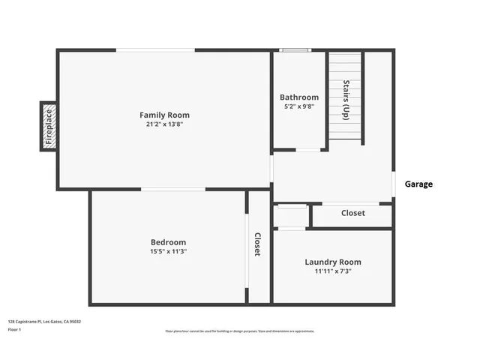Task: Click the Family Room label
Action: click(x=164, y=115)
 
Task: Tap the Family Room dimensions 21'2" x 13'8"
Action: click(x=164, y=124)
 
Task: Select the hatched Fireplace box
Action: click(x=49, y=127)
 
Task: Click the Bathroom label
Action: click(x=298, y=97)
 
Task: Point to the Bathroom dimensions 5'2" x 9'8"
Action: click(x=298, y=106)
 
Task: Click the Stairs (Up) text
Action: click(x=346, y=100)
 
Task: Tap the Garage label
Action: click(x=418, y=184)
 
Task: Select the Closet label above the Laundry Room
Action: click(x=352, y=213)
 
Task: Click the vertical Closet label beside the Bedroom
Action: click(x=257, y=244)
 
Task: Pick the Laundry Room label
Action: click(x=332, y=262)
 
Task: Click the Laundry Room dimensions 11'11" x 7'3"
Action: click(x=332, y=271)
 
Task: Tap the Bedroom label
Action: click(x=168, y=241)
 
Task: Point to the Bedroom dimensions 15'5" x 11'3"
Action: click(x=168, y=251)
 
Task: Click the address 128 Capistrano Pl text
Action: click(x=44, y=321)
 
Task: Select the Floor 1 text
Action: click(x=14, y=329)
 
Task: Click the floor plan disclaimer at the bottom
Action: click(x=239, y=331)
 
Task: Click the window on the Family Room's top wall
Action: click(x=155, y=50)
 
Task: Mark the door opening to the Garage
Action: click(x=393, y=184)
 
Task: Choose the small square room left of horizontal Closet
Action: click(x=291, y=216)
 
